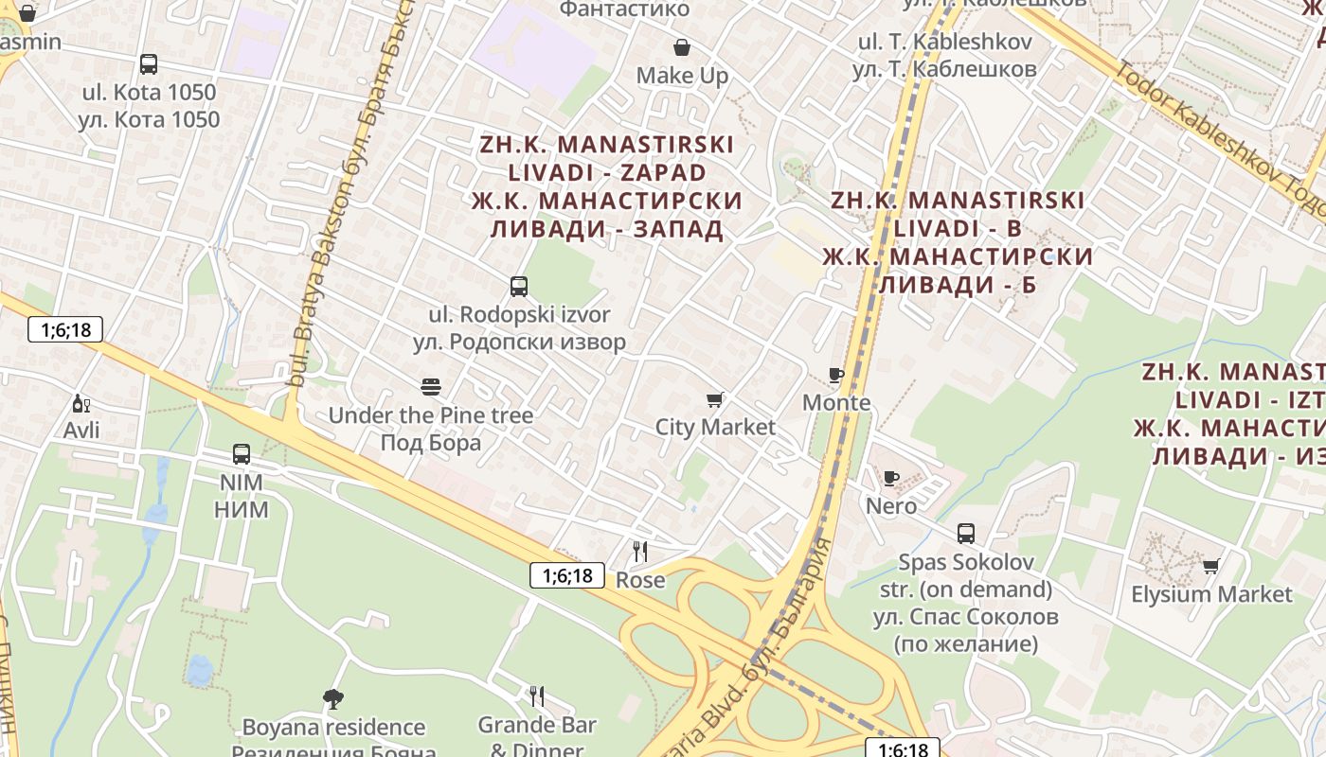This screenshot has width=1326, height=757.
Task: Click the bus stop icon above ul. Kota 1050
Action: [x=149, y=64]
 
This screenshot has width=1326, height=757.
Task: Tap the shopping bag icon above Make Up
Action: [x=681, y=47]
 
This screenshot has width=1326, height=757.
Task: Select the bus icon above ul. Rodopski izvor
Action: [x=518, y=286]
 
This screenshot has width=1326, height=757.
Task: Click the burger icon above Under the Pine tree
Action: [x=431, y=386]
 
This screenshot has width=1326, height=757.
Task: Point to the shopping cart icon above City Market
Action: [x=715, y=399]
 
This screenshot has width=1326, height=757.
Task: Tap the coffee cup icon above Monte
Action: [x=835, y=375]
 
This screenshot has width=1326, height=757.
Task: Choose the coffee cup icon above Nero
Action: [x=890, y=478]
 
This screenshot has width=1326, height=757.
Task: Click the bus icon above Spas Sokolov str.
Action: [x=965, y=534]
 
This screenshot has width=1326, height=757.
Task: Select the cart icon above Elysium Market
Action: [x=1210, y=566]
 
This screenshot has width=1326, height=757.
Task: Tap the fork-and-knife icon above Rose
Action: [x=640, y=552]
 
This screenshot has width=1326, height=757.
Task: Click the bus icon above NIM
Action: [x=242, y=454]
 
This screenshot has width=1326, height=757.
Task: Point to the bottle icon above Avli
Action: [x=81, y=404]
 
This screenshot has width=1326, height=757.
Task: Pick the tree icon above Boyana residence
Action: [x=332, y=698]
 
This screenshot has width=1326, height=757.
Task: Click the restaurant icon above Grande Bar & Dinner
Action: [x=537, y=697]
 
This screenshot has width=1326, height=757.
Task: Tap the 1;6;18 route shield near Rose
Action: [x=566, y=574]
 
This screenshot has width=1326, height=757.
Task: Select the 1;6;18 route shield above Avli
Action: [x=65, y=329]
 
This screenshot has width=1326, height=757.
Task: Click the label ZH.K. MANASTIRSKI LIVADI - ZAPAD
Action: [x=607, y=186]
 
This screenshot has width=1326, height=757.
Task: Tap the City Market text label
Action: [x=715, y=427]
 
